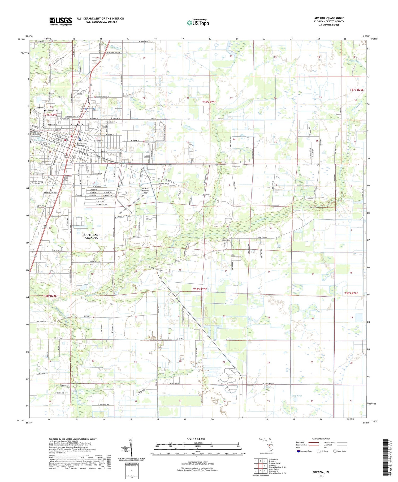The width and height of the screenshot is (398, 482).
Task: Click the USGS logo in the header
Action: click(60, 21)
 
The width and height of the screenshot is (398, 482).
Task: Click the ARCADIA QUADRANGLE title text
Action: click(329, 18)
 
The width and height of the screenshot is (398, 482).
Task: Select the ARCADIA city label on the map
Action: click(77, 125)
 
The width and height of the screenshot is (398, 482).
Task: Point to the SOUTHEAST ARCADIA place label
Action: click(91, 236)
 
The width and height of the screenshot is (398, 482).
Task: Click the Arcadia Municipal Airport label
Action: click(145, 190)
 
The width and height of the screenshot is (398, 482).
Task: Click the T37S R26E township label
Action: click(356, 90)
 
